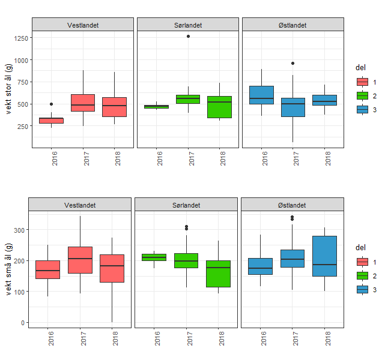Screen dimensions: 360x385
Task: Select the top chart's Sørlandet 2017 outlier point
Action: pyautogui.click(x=188, y=37)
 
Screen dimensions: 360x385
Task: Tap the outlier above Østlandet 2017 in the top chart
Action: pyautogui.click(x=293, y=63)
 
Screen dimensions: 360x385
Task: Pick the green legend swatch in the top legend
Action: pyautogui.click(x=362, y=95)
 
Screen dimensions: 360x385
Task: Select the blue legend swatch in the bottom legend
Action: pyautogui.click(x=362, y=289)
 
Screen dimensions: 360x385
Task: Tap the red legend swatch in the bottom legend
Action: pyautogui.click(x=362, y=262)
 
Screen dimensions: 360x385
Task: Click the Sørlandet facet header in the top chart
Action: pyautogui.click(x=188, y=25)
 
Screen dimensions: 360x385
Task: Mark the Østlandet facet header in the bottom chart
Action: pyautogui.click(x=292, y=205)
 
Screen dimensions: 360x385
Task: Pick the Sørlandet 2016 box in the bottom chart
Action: pyautogui.click(x=154, y=257)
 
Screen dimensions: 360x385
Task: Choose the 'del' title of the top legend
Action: pyautogui.click(x=360, y=68)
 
